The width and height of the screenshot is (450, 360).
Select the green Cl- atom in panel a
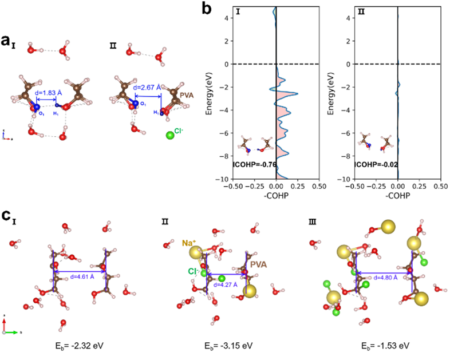click(170, 136)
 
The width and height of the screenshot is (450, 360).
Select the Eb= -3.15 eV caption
click(225, 346)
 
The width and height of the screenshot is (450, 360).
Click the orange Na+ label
click(188, 242)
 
